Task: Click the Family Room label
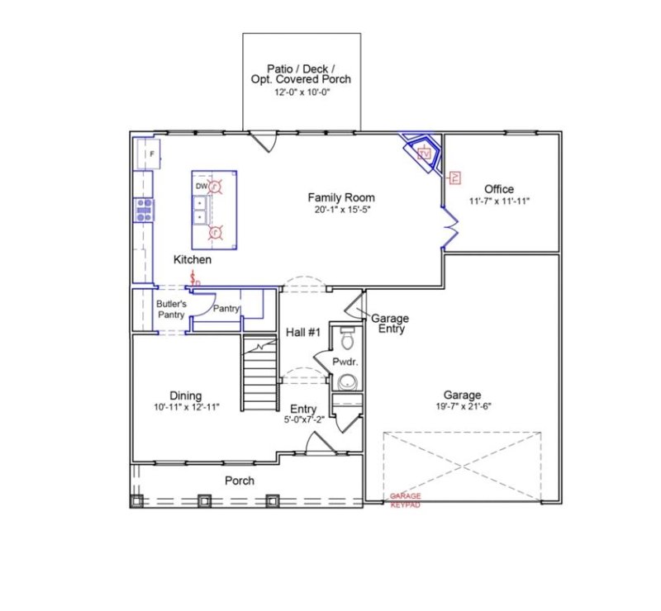click(341, 197)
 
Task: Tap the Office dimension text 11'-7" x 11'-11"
click(499, 201)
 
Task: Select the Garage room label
click(461, 395)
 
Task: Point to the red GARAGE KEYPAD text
click(405, 500)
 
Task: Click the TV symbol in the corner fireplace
click(426, 154)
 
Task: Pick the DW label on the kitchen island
click(201, 187)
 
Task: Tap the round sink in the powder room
click(347, 381)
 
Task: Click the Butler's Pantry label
click(172, 309)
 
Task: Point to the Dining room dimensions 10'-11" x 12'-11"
click(185, 407)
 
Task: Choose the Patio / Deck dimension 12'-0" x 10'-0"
click(302, 92)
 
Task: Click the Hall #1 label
click(302, 333)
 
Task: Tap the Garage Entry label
click(389, 323)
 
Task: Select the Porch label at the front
click(240, 481)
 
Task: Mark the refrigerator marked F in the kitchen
click(151, 154)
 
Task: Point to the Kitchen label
click(192, 260)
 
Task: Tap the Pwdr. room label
click(345, 362)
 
